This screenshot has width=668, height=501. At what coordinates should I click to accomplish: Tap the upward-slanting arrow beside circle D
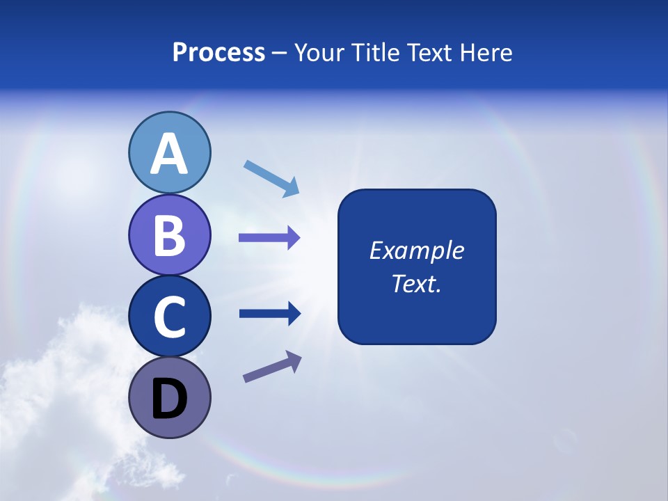(272, 367)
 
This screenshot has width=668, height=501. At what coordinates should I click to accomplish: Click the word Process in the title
(218, 53)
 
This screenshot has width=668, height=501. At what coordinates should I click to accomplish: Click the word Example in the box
(416, 250)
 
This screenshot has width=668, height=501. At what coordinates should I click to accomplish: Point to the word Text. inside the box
(416, 283)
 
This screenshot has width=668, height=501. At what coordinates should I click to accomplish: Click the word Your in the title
(317, 53)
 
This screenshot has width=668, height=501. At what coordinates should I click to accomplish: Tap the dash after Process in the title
(280, 53)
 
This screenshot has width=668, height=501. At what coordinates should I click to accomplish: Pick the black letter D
(169, 400)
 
